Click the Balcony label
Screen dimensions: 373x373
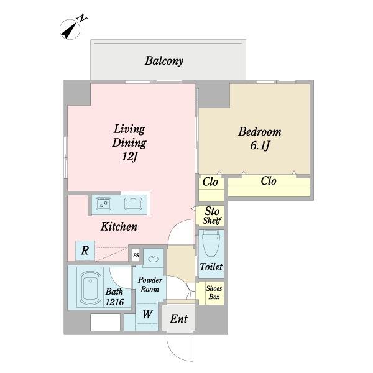coord(164,61)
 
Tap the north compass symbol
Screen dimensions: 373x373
coord(71,28)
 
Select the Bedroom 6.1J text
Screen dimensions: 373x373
coord(260,138)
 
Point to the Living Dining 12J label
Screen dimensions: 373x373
coord(129,143)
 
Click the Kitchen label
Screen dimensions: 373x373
coord(119,226)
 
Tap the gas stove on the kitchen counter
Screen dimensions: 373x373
coord(103,203)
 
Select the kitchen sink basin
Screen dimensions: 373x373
coord(134,204)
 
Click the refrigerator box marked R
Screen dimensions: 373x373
coord(85,251)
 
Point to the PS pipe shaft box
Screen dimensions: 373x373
coord(136,256)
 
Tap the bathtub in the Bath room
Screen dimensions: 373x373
coord(90,288)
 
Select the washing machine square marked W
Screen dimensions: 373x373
coord(147,314)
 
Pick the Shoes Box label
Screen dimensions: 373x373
coord(214,293)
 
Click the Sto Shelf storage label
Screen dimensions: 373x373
coord(212,216)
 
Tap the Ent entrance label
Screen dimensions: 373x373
coord(178,319)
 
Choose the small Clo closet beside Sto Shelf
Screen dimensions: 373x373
coord(210,182)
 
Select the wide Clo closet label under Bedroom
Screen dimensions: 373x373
coord(269,181)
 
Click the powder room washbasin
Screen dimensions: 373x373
coord(153,259)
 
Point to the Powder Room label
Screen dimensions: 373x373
coord(150,285)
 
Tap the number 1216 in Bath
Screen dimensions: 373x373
coord(114,302)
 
